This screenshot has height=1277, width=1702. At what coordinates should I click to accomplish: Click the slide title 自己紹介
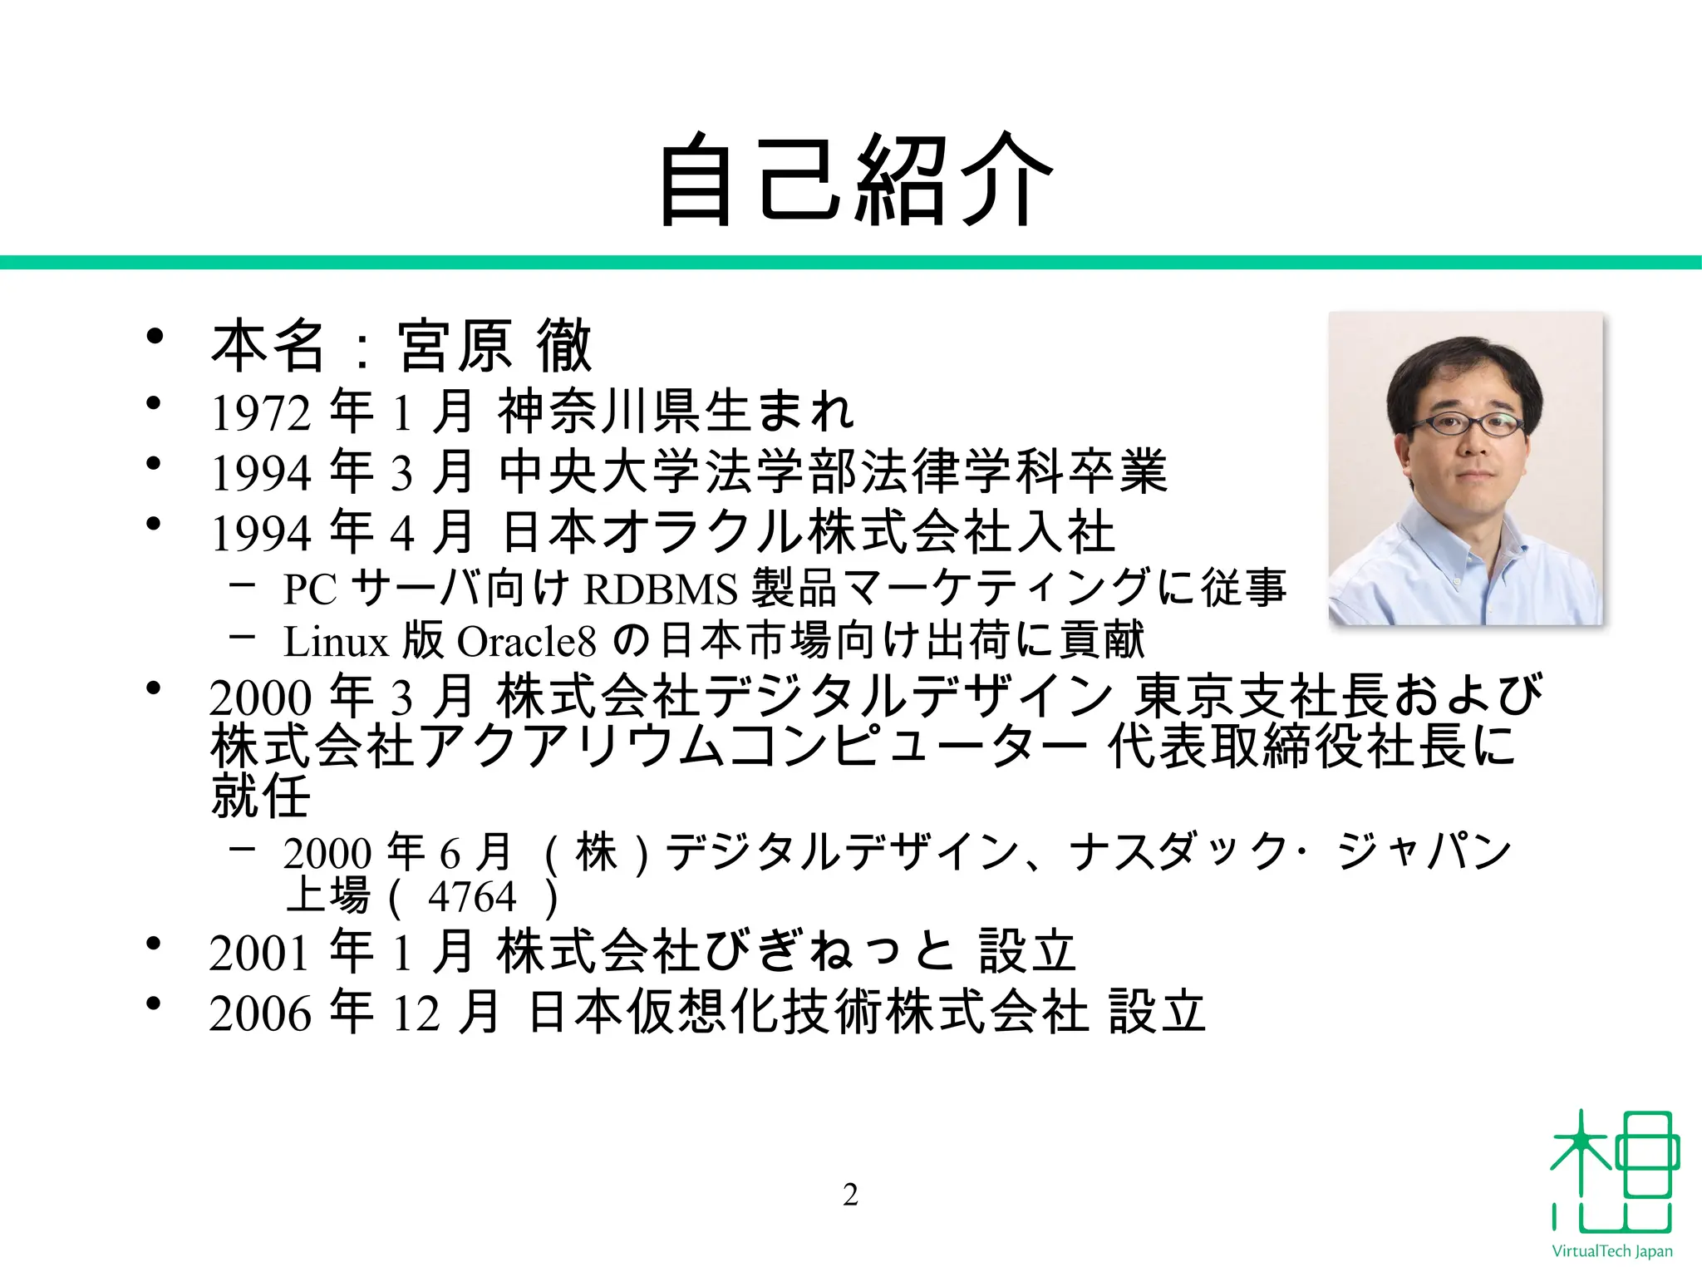856,179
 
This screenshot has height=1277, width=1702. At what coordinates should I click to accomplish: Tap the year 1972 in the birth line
262,413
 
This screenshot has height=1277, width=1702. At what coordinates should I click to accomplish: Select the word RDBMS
661,589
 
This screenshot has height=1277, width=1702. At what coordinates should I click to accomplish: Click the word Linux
336,642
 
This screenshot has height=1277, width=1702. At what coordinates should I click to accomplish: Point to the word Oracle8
527,642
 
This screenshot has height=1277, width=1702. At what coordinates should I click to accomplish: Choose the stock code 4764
472,897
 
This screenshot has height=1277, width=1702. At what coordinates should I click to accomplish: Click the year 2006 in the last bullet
260,1014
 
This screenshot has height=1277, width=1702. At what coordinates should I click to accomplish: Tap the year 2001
260,954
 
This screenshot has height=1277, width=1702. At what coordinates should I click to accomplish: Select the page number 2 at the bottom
850,1195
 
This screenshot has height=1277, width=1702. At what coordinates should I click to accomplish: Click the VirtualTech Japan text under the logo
1612,1251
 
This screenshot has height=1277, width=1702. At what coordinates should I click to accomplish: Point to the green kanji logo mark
1612,1172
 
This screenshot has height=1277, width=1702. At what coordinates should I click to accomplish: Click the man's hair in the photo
1463,366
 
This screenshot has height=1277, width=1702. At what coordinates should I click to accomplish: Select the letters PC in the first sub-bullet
310,589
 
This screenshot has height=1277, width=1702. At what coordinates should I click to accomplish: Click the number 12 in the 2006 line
416,1014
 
